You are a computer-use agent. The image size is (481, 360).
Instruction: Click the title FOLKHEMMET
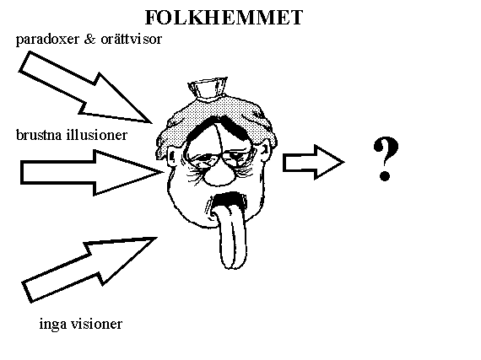pos(224,17)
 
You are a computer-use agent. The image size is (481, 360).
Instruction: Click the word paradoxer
pos(47,40)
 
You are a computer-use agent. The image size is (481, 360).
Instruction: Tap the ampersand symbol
pos(89,39)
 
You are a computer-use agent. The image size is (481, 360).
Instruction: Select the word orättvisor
pos(131,39)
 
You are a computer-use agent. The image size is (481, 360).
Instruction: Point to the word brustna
pos(39,135)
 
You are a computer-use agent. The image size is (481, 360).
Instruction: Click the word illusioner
pos(97,135)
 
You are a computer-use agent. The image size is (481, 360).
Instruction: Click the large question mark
pos(386,159)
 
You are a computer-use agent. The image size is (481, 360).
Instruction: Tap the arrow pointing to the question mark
pos(314,163)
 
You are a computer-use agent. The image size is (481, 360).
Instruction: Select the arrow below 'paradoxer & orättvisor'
pos(85,89)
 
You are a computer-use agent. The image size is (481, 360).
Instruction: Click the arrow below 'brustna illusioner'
pos(92,173)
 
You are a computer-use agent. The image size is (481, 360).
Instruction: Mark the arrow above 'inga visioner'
pos(89,269)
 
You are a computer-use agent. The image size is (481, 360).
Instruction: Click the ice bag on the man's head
pos(208,88)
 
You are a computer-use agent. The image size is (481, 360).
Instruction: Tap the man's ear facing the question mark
pos(266,153)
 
